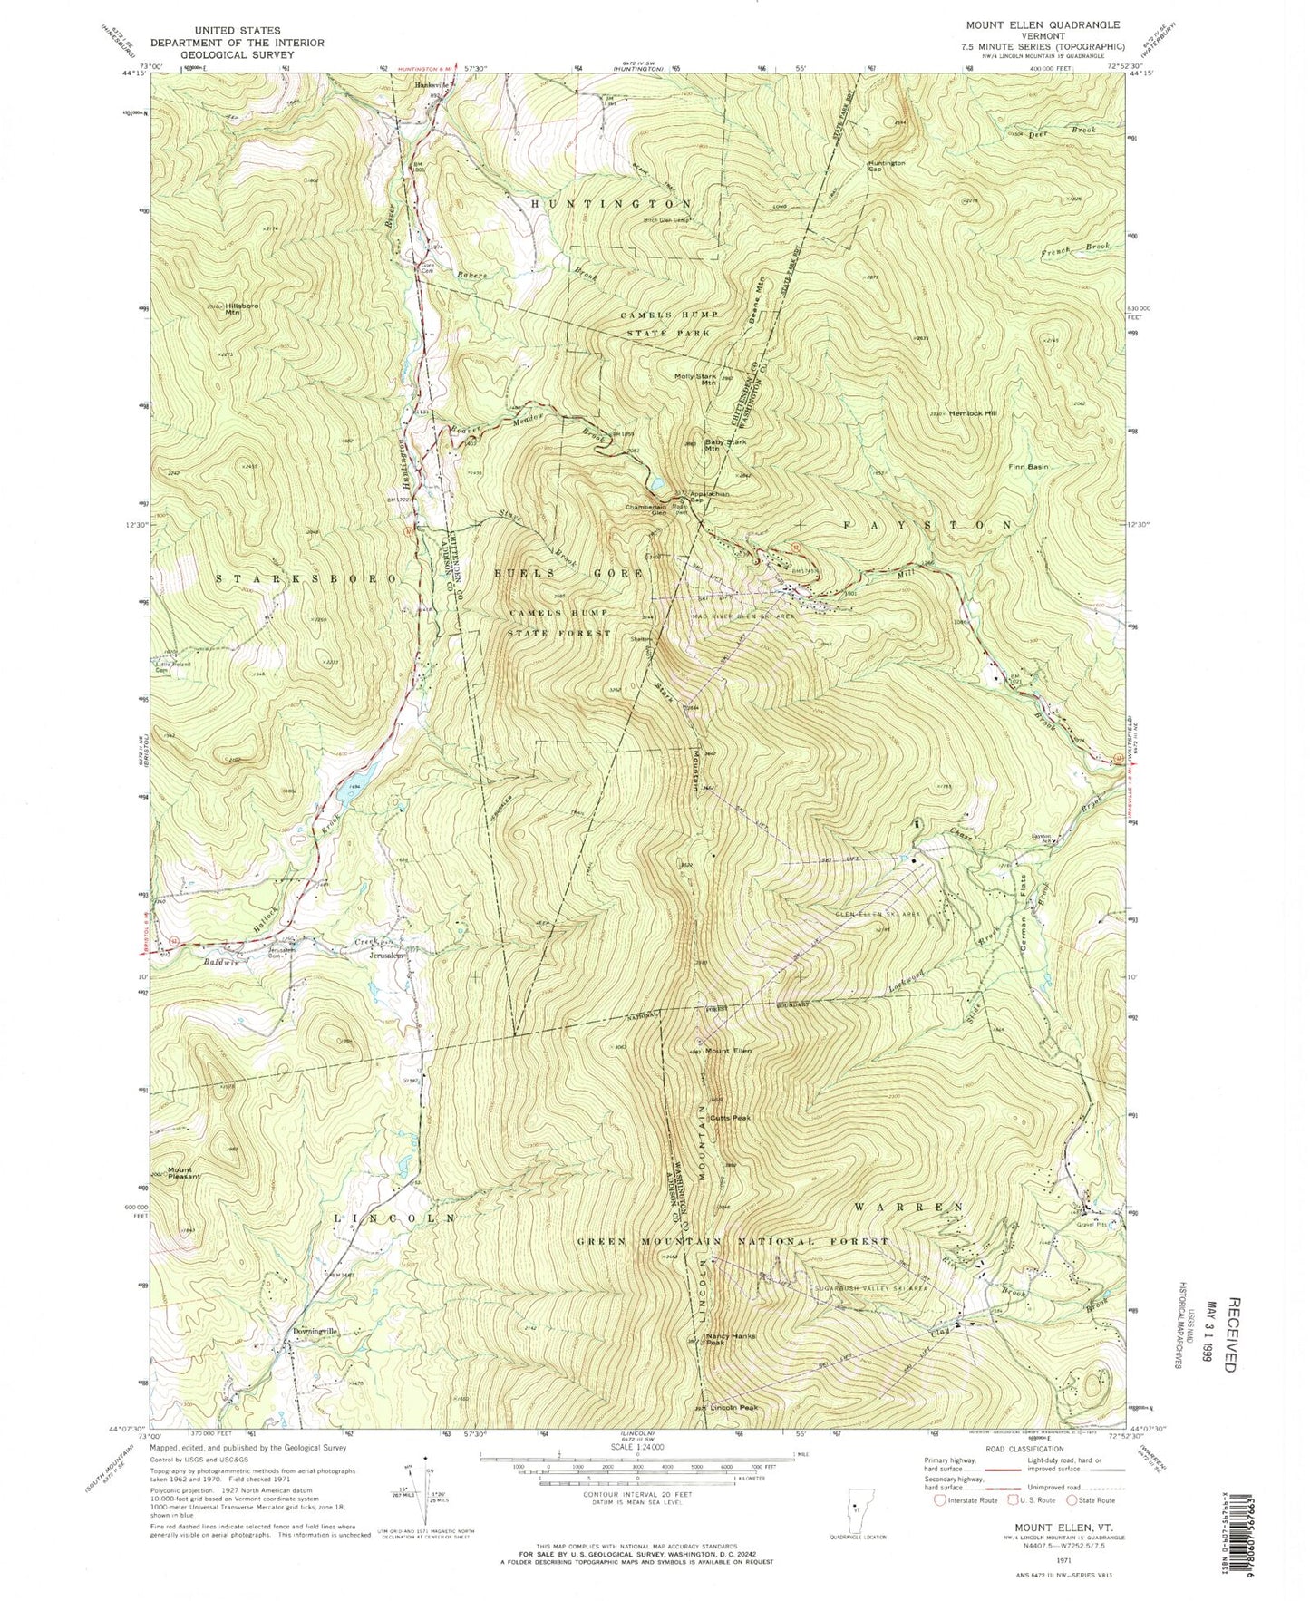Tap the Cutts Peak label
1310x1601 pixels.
coord(731,1118)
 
